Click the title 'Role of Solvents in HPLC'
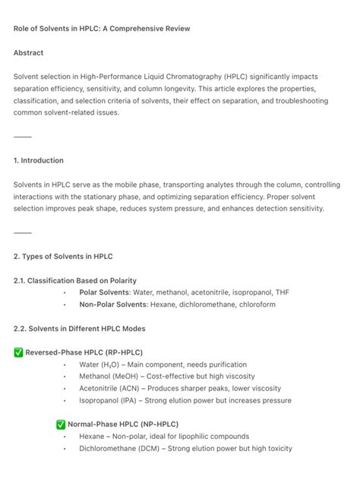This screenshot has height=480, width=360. tap(102, 29)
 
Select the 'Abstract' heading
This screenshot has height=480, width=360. tap(29, 53)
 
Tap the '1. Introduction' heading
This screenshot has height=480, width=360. tap(39, 161)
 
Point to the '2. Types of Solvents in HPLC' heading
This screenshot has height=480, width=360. tap(63, 257)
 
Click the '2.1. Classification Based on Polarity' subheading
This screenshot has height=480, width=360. tap(75, 281)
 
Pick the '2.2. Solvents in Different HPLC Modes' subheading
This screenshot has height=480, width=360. tap(80, 329)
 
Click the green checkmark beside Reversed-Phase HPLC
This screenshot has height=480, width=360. tap(19, 352)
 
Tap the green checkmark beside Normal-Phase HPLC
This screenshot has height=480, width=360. tap(62, 425)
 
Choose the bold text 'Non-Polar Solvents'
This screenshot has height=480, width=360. tap(113, 305)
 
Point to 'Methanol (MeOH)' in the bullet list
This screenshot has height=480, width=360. tap(109, 377)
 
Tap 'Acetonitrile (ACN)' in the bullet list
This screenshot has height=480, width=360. tap(112, 388)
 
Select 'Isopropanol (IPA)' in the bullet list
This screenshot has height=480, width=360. tap(109, 400)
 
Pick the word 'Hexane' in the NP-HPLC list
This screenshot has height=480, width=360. tap(92, 437)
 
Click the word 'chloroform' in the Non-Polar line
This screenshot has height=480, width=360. tap(257, 305)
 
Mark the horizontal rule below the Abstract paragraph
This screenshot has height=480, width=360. tap(23, 137)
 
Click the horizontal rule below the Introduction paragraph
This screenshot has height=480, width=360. tap(23, 232)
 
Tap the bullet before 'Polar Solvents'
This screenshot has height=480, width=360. tap(66, 293)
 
